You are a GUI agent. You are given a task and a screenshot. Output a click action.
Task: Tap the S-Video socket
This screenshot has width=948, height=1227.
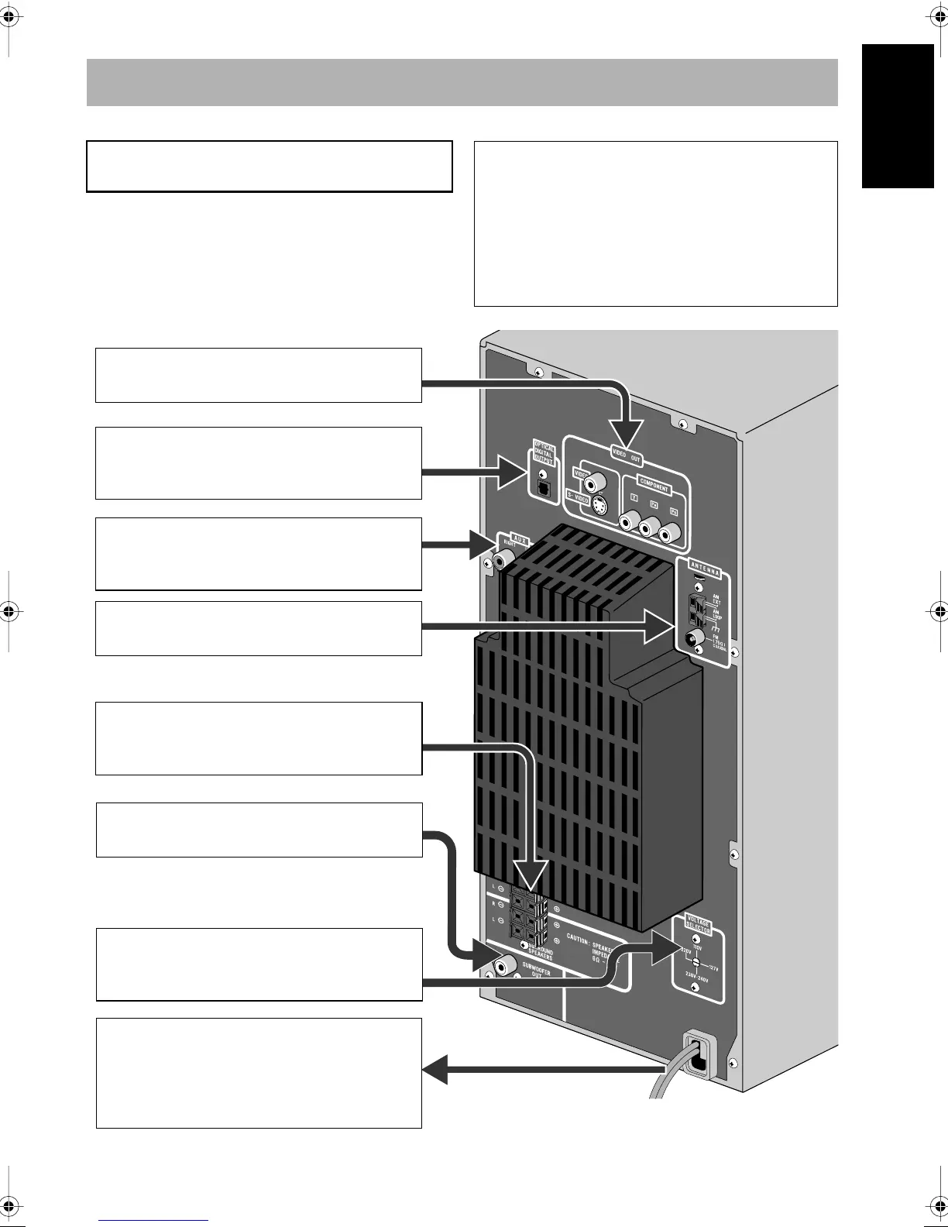click(600, 508)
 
